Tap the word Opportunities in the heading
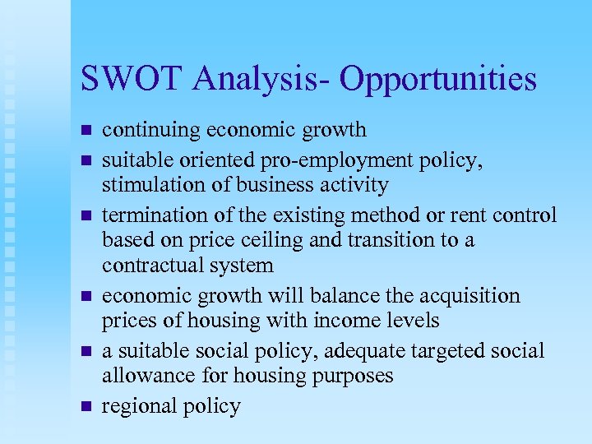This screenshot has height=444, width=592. [437, 80]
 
